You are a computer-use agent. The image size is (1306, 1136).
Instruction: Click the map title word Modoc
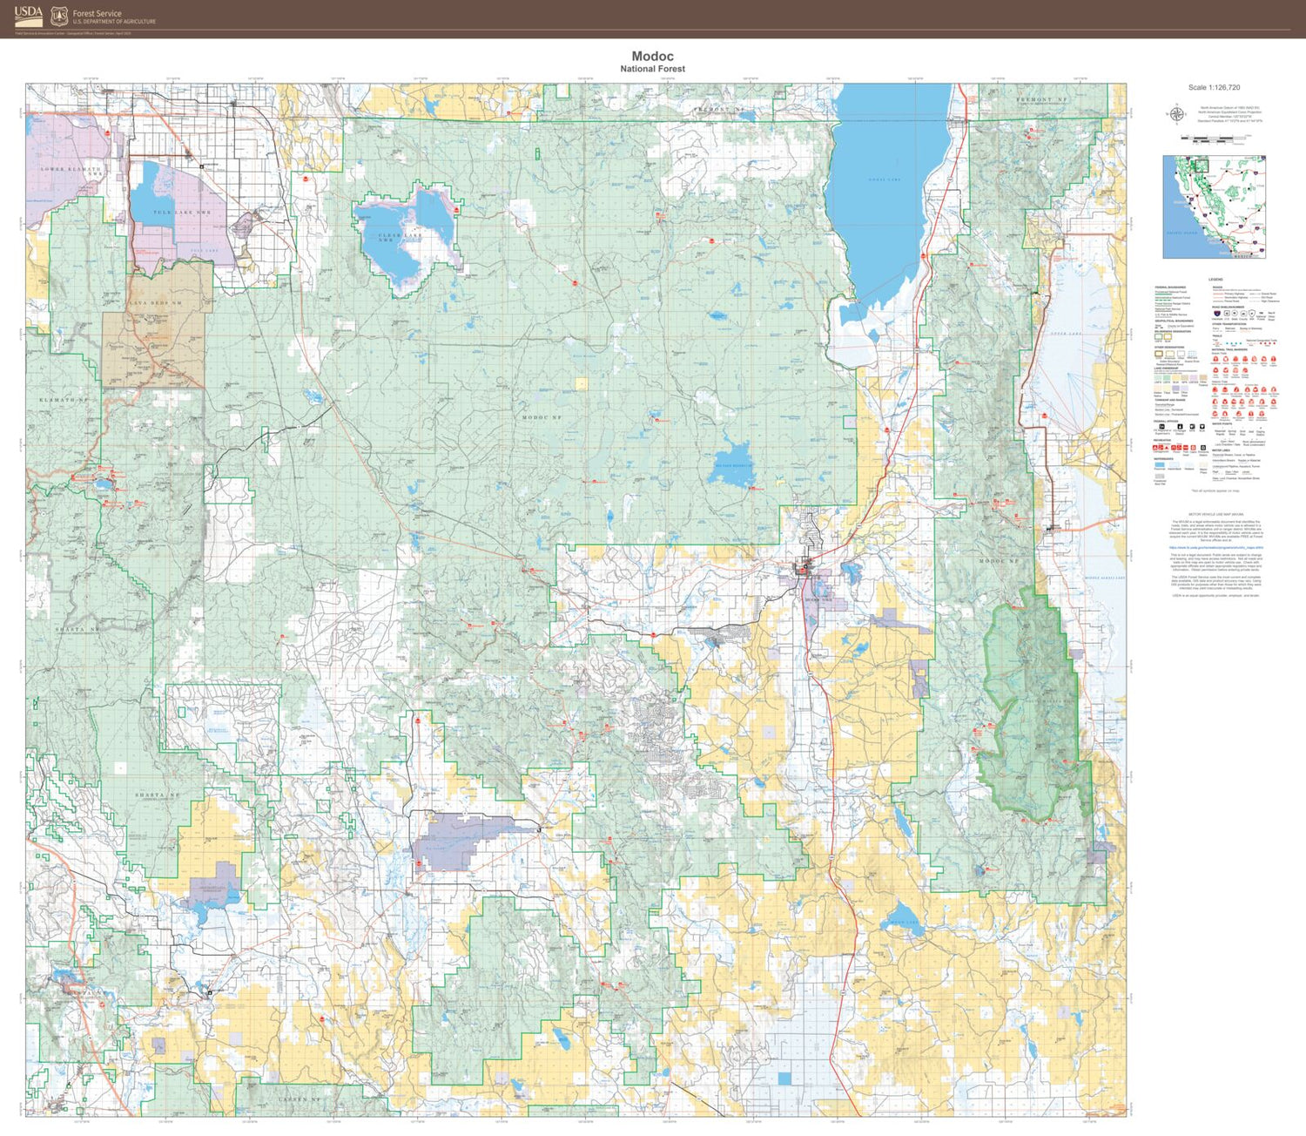(x=652, y=57)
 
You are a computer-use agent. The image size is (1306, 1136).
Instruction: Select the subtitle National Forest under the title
(x=652, y=69)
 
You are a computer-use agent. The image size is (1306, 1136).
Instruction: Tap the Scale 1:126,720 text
(x=1214, y=87)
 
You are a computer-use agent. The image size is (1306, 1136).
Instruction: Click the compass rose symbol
(x=1176, y=114)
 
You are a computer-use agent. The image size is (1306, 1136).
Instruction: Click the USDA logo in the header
(x=29, y=16)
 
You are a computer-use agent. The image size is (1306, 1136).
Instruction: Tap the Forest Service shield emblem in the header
(x=59, y=16)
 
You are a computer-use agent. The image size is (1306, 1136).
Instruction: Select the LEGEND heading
(x=1215, y=280)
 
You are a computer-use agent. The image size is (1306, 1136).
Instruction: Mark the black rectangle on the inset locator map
(x=1200, y=163)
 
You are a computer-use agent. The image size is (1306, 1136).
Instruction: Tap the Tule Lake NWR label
(x=182, y=213)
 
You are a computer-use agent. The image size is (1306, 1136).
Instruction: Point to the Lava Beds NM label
(x=156, y=303)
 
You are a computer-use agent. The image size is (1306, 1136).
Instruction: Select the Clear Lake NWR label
(x=400, y=236)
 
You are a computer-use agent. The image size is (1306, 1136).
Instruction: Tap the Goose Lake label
(x=884, y=179)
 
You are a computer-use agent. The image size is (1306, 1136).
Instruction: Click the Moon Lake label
(x=903, y=923)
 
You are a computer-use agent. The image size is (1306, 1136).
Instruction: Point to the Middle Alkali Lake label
(x=1104, y=578)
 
